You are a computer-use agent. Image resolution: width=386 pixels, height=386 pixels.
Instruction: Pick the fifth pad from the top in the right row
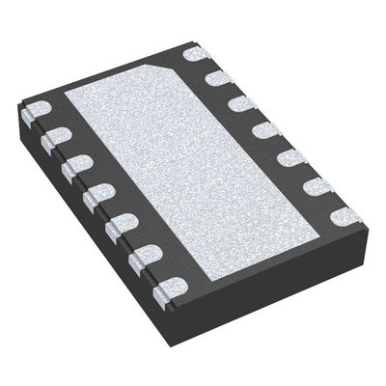pyautogui.click(x=290, y=156)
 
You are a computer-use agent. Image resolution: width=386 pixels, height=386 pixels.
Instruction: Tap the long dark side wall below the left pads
pyautogui.click(x=87, y=222)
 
